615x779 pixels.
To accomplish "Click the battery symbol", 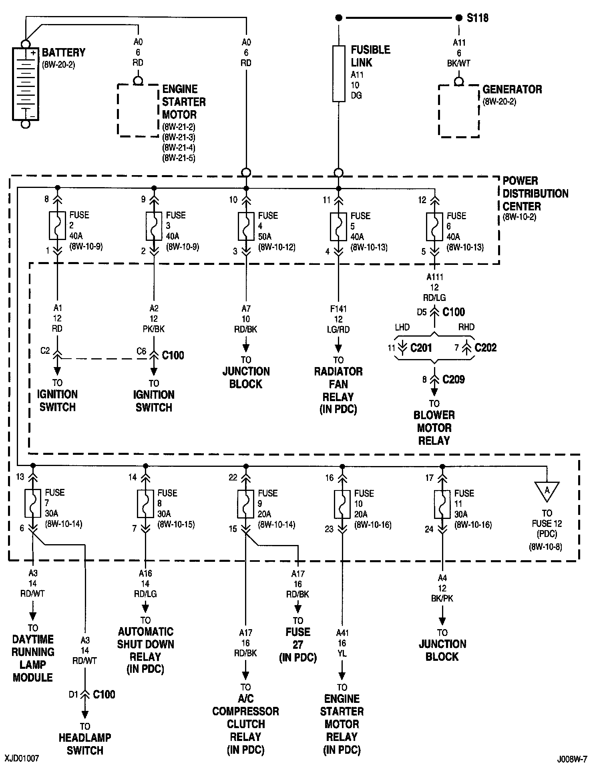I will [25, 84].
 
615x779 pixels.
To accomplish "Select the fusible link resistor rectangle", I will [339, 74].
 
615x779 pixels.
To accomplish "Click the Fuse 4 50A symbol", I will [246, 226].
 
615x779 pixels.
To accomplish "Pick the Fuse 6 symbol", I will [434, 226].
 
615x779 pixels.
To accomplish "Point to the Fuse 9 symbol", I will [246, 503].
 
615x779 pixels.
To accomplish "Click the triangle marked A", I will [547, 490].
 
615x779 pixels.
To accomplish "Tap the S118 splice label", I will [477, 18].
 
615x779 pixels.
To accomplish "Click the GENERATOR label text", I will [512, 89].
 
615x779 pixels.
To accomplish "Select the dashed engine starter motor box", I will [138, 110].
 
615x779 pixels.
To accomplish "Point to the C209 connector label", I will [453, 379].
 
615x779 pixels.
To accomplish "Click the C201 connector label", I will [421, 347].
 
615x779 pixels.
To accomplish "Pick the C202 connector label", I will [485, 347].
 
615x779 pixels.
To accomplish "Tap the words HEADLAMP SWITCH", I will [85, 744].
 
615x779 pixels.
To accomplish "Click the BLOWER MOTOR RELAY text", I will [434, 428].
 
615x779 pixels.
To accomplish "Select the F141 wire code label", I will [338, 309].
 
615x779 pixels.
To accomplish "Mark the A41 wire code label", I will [342, 633].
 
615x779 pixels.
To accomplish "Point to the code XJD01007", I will [22, 759].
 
